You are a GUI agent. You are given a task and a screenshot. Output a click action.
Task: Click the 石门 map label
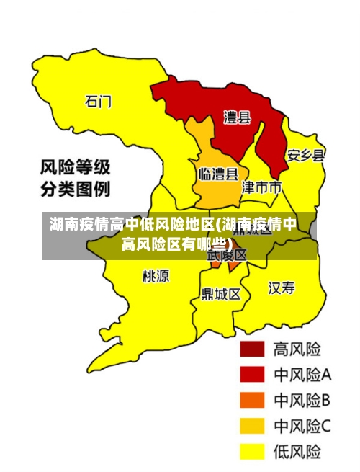[x=99, y=102]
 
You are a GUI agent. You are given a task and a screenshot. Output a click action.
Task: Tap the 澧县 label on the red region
[x=237, y=117]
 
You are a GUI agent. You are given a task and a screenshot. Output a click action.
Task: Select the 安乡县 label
[x=306, y=156]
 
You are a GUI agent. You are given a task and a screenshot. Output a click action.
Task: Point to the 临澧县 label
[x=218, y=174]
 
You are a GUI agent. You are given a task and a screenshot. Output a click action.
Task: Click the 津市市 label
[x=261, y=187]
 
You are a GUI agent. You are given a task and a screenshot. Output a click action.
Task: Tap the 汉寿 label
[x=282, y=289]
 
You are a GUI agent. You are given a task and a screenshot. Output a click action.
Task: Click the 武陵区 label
[x=227, y=254]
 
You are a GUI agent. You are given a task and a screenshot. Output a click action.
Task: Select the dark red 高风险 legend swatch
[x=252, y=349]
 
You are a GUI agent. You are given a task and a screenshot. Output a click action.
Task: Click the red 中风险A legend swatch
[x=252, y=375]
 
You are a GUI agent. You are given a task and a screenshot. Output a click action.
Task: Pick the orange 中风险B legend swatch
[x=252, y=400]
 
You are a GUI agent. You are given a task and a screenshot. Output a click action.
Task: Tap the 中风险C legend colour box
[x=252, y=426]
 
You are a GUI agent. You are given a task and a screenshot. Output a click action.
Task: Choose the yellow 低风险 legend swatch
[x=252, y=451]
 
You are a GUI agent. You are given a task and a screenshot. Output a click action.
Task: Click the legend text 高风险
[x=297, y=349]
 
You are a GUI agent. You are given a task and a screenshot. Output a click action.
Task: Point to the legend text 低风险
[x=297, y=452]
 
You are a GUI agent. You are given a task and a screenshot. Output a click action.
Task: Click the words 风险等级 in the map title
[x=74, y=168]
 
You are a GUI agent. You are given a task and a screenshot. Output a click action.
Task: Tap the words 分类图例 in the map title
[x=74, y=190]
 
